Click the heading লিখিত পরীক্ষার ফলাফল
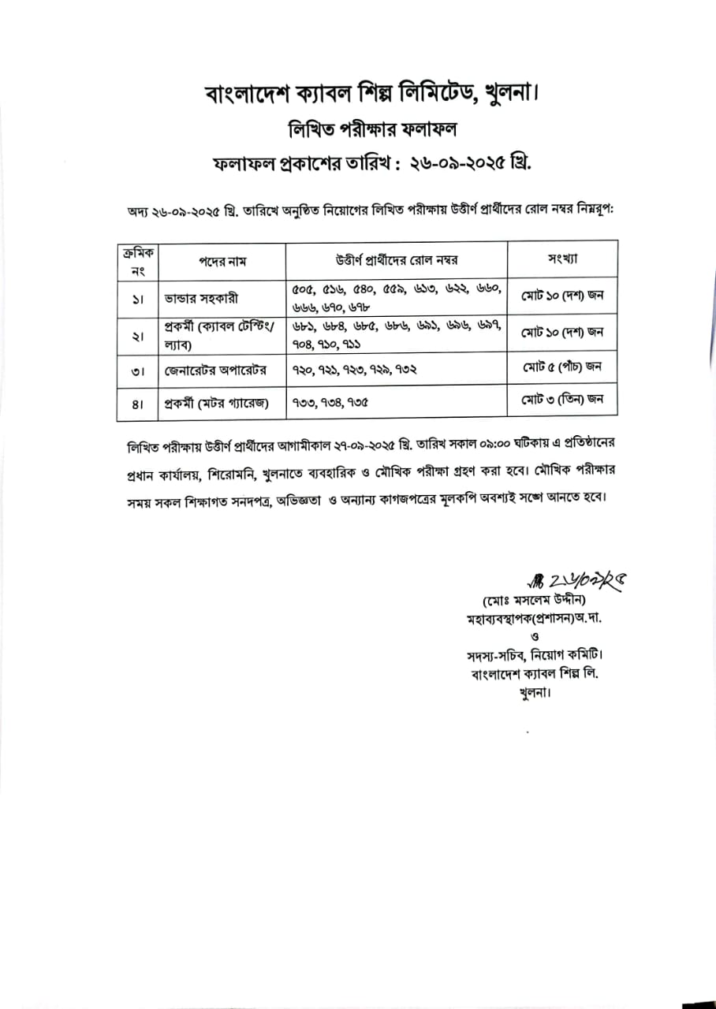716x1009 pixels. point(358,129)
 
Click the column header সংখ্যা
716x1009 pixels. point(562,259)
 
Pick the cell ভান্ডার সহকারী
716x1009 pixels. point(201,299)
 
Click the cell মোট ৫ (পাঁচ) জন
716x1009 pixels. point(562,367)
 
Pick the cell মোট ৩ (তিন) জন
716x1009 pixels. point(562,400)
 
